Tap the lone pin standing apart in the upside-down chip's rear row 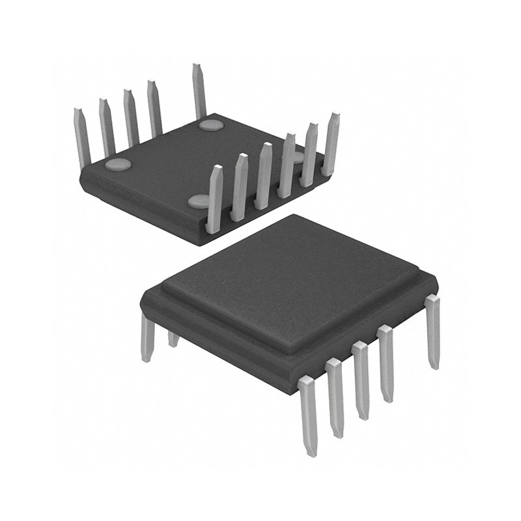click(199, 91)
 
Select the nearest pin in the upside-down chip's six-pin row click(214, 199)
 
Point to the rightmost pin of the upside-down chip click(331, 143)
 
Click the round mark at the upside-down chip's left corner click(117, 164)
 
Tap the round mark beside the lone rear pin click(211, 124)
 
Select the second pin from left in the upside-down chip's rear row click(107, 127)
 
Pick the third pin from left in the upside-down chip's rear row click(130, 117)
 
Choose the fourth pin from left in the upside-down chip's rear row click(154, 107)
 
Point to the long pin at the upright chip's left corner click(148, 339)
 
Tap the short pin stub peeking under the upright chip click(173, 339)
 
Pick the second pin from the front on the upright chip click(335, 397)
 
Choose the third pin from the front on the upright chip click(361, 381)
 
